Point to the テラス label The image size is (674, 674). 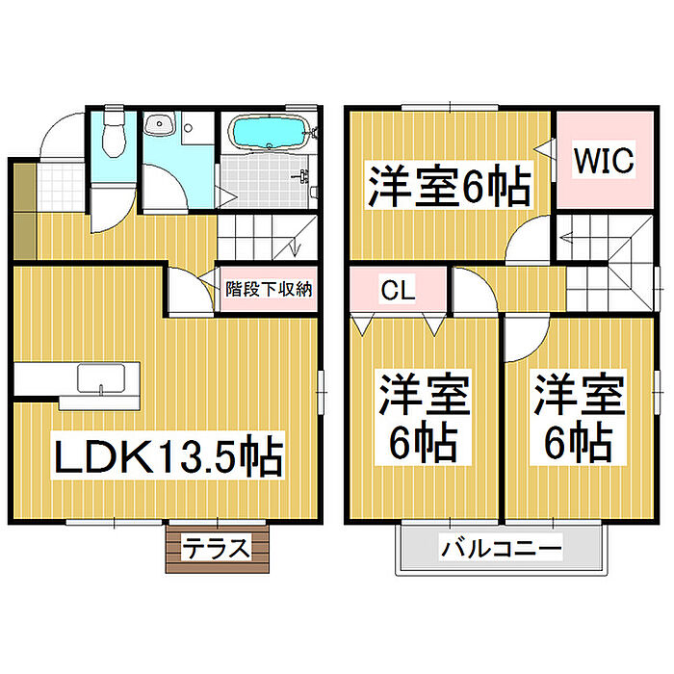point(217,549)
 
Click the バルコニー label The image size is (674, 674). point(502,551)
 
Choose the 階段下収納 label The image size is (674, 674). point(268,289)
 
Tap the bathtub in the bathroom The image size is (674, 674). point(271,133)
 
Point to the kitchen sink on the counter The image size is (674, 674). point(98,378)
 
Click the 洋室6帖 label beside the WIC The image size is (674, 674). point(448,186)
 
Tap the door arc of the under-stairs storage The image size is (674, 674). point(190,288)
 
